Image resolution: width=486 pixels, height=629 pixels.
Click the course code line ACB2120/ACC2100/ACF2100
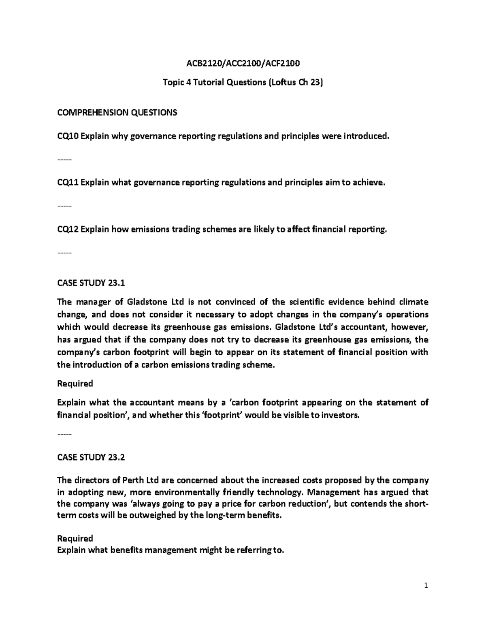click(243, 64)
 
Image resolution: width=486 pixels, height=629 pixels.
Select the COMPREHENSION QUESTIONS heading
click(117, 113)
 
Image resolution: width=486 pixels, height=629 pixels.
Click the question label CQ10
click(68, 136)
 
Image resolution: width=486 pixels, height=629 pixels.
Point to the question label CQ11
click(68, 183)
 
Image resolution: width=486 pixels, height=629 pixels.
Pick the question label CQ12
click(68, 230)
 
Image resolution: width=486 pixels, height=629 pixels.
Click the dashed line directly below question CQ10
click(64, 160)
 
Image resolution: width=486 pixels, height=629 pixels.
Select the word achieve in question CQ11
click(367, 183)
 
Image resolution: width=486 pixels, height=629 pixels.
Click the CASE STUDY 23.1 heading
click(91, 283)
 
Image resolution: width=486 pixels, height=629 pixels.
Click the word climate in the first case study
click(414, 302)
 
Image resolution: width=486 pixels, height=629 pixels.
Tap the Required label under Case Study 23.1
click(75, 383)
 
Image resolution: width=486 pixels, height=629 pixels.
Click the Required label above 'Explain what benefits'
click(75, 538)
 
